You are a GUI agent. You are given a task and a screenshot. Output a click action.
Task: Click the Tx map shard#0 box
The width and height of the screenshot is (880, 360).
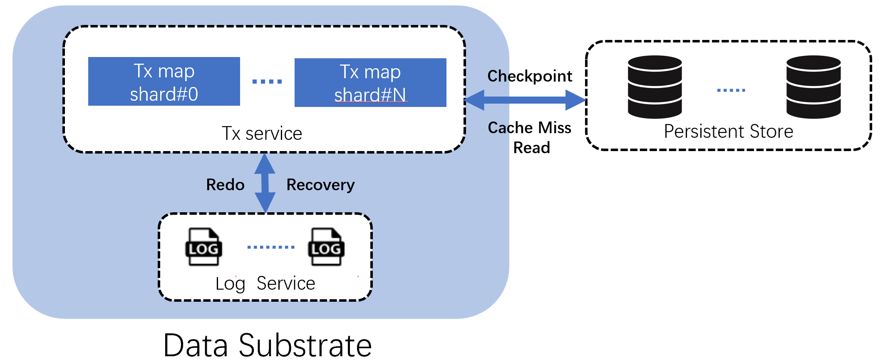164,82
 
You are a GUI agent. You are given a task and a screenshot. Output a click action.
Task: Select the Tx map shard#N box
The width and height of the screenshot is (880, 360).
370,83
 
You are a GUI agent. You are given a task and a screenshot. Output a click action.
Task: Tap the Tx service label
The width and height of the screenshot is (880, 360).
262,134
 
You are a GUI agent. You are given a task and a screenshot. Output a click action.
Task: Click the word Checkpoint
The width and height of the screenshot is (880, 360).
530,76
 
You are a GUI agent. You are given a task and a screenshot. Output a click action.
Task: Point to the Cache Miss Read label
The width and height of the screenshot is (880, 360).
530,137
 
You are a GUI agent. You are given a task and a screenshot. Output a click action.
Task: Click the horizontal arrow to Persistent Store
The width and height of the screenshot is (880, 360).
525,100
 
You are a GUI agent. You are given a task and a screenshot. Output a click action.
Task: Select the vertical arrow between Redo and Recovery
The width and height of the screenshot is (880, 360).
265,183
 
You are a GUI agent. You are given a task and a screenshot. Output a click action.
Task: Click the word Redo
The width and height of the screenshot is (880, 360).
225,185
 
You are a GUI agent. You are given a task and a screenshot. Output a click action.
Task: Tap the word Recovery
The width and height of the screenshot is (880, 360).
320,185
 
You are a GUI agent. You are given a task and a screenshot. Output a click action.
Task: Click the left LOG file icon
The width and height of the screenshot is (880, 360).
203,247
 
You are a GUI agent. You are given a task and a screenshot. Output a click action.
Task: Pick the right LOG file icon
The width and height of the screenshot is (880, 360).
326,247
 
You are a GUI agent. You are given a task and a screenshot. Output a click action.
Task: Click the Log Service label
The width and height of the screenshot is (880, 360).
265,284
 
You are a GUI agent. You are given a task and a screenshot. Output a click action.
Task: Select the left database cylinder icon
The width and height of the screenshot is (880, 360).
654,87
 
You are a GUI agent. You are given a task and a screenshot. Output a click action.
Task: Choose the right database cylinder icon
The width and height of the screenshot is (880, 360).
813,87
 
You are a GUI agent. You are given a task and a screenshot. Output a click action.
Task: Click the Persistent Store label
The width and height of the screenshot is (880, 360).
728,132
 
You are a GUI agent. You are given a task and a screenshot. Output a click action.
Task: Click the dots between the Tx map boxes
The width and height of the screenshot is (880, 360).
267,82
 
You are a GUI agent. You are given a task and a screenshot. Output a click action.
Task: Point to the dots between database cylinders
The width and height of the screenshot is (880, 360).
731,90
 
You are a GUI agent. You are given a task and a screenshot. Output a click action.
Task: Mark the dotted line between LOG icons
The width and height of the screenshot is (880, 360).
271,247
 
